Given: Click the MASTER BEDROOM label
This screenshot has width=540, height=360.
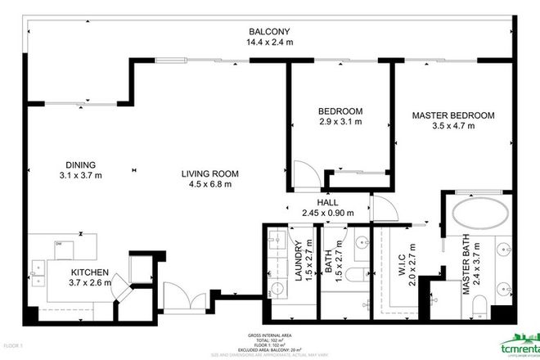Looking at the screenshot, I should click(x=452, y=115).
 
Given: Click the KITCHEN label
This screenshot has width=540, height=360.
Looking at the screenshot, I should click(x=89, y=272).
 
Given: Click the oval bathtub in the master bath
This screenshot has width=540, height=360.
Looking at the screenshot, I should click(x=480, y=214).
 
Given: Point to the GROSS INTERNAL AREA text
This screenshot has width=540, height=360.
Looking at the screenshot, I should click(x=269, y=335).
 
